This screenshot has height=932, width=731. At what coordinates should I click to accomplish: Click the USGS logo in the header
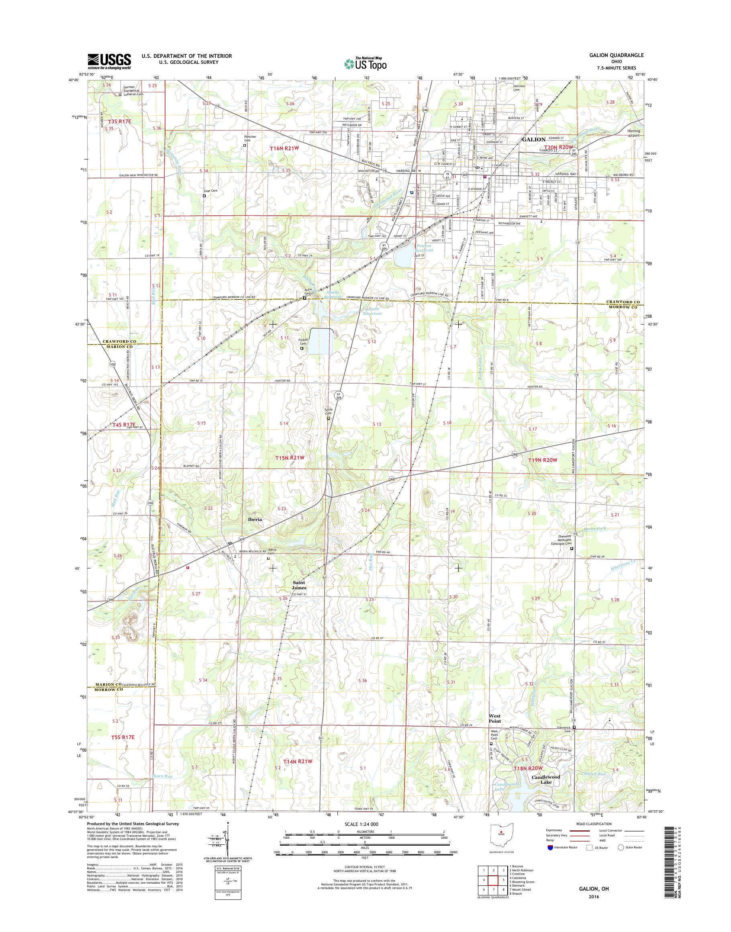click(x=109, y=61)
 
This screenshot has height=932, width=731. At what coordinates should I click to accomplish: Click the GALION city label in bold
click(x=533, y=139)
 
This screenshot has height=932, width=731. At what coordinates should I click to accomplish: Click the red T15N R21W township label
click(x=290, y=458)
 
